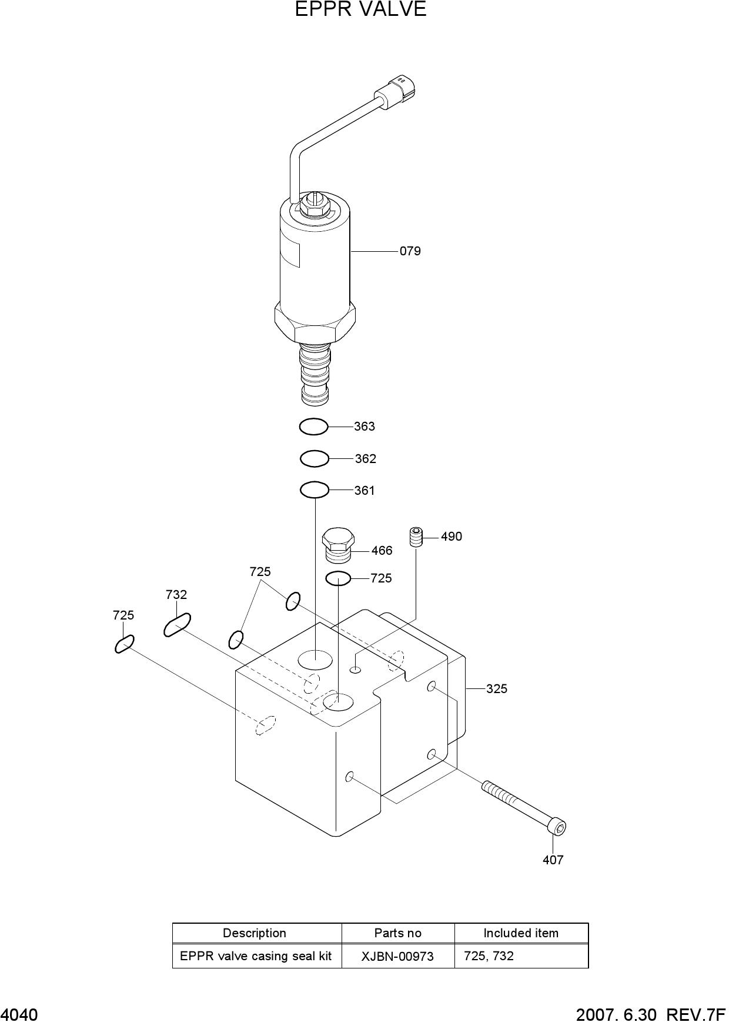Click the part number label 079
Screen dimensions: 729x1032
410,251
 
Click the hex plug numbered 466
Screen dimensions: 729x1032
337,544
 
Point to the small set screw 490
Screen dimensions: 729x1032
416,537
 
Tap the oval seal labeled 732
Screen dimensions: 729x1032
177,624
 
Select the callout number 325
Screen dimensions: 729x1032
497,688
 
